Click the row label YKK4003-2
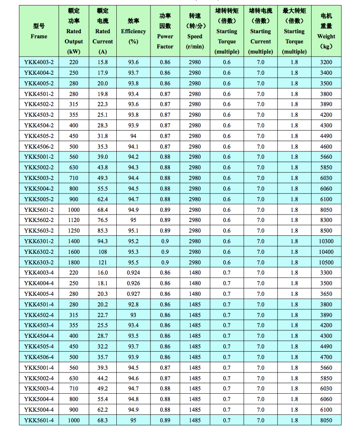tap(39, 62)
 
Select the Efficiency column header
tap(133, 31)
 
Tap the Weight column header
tap(326, 31)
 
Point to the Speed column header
tap(195, 31)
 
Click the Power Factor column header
tap(165, 31)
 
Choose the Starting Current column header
tap(260, 31)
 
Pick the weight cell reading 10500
tap(326, 262)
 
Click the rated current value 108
tap(103, 252)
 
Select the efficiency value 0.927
tap(133, 294)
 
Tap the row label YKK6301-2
tap(39, 241)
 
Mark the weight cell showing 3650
tap(326, 294)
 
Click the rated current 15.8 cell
tap(103, 62)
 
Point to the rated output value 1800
tap(74, 262)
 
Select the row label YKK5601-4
tap(39, 420)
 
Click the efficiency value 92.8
tap(133, 304)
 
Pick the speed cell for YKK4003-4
tap(195, 273)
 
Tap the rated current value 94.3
tap(103, 241)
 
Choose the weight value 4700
tap(326, 357)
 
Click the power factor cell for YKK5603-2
tap(165, 230)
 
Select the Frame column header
tap(39, 31)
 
